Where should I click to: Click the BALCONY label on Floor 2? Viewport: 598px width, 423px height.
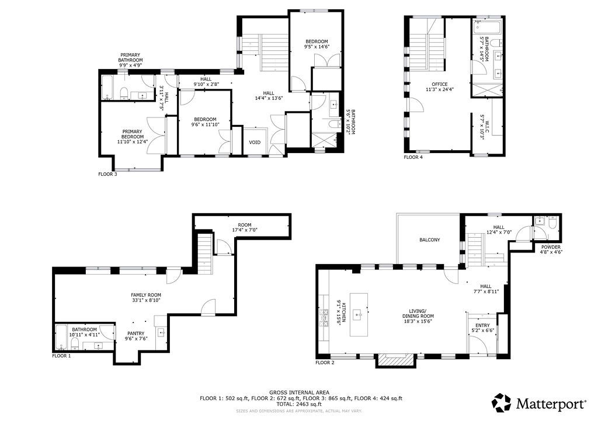pyautogui.click(x=429, y=240)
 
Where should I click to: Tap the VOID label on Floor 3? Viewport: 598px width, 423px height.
pyautogui.click(x=255, y=143)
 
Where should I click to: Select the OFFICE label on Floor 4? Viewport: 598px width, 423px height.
pyautogui.click(x=439, y=84)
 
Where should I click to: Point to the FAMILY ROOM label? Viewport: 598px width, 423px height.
pyautogui.click(x=145, y=295)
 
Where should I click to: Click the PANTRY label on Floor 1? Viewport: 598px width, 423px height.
pyautogui.click(x=135, y=333)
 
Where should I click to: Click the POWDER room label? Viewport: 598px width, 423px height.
pyautogui.click(x=551, y=247)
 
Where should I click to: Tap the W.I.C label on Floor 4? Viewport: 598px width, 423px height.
pyautogui.click(x=487, y=125)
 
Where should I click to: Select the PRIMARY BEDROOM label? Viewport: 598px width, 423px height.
pyautogui.click(x=133, y=134)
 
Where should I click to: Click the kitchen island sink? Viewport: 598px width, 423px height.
pyautogui.click(x=359, y=315)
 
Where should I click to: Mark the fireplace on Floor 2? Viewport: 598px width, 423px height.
pyautogui.click(x=395, y=360)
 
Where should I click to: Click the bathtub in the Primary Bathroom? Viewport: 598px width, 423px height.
pyautogui.click(x=107, y=88)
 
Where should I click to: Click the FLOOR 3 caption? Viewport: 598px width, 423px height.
pyautogui.click(x=107, y=174)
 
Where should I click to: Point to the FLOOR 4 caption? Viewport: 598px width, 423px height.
pyautogui.click(x=413, y=157)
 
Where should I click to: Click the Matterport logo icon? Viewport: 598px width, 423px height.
pyautogui.click(x=501, y=403)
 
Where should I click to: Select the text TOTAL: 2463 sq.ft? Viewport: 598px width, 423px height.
pyautogui.click(x=299, y=404)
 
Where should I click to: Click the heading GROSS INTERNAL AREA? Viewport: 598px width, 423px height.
pyautogui.click(x=299, y=393)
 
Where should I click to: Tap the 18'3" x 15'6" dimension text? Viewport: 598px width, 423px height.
pyautogui.click(x=418, y=321)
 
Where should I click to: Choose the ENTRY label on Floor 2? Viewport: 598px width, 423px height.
pyautogui.click(x=482, y=325)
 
